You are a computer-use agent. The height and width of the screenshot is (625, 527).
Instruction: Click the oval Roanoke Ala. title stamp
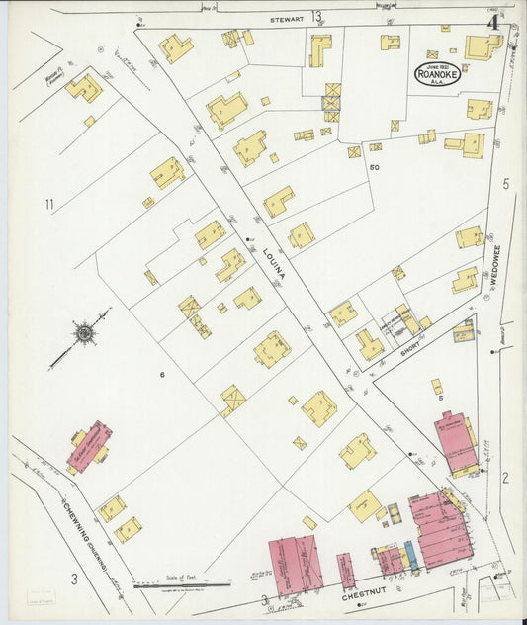click(437, 74)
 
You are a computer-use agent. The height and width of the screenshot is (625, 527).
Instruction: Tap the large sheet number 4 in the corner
click(491, 21)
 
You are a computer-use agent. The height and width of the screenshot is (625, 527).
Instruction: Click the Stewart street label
click(289, 18)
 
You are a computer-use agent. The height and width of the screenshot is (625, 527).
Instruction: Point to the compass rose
click(85, 335)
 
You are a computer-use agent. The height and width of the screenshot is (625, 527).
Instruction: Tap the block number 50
click(374, 167)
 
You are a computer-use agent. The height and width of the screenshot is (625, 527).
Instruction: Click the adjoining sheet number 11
click(47, 205)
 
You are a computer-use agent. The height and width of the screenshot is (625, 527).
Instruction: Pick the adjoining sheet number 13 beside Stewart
click(316, 16)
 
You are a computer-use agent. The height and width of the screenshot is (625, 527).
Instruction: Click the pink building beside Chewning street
click(89, 446)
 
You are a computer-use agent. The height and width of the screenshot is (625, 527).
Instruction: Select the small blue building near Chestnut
click(411, 557)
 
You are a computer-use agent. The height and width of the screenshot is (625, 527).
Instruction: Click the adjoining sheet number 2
click(504, 479)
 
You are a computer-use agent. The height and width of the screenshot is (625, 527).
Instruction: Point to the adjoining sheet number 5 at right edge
click(505, 184)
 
